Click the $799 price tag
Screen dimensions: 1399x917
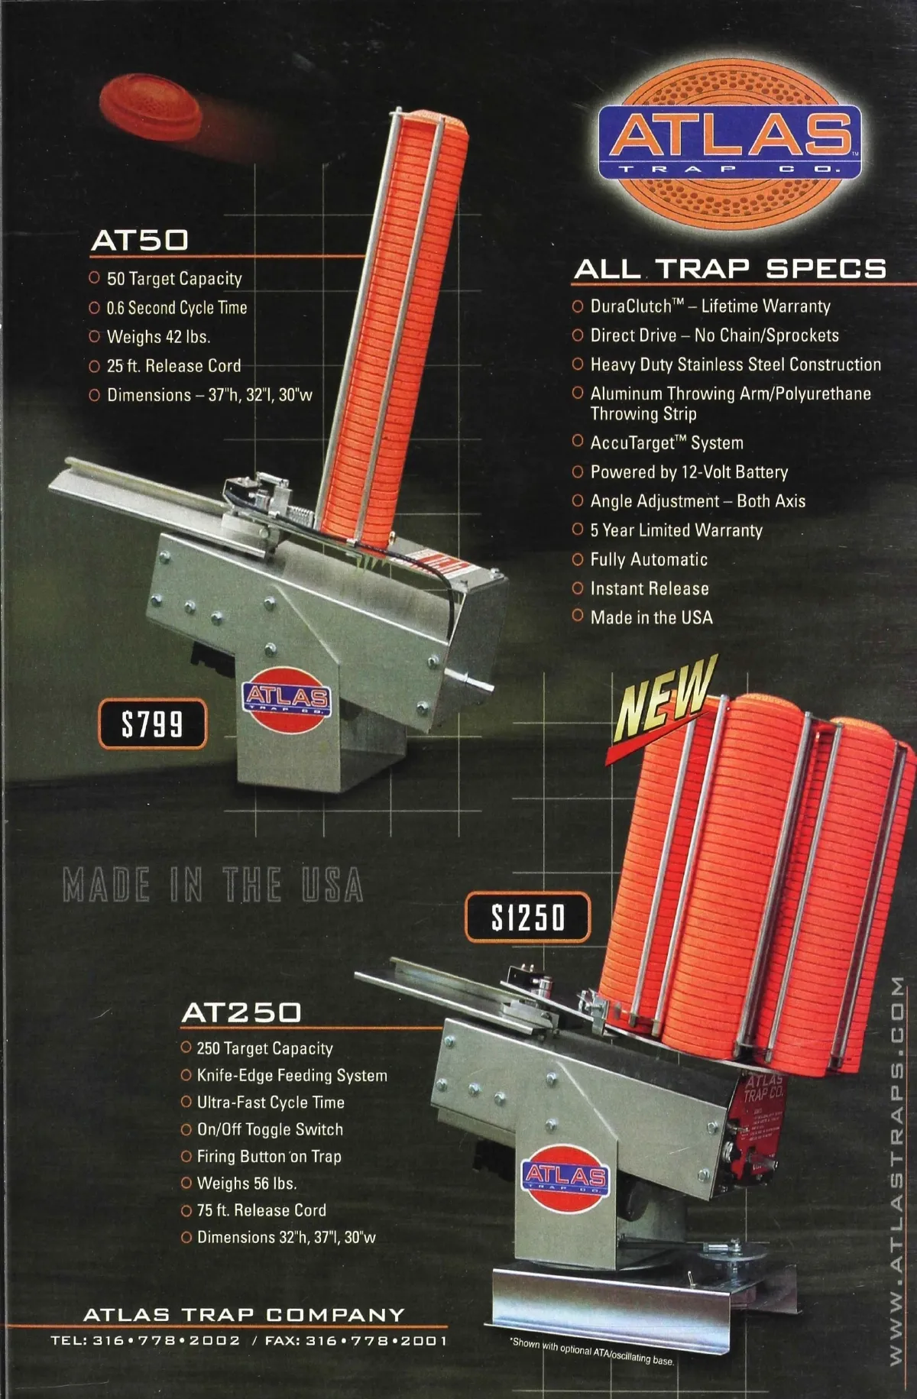152,723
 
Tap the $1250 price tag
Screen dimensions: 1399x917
528,917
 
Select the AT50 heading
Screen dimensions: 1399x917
140,240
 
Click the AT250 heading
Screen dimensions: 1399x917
241,1012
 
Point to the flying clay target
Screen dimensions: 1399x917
152,105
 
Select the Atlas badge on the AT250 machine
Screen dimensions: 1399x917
565,1177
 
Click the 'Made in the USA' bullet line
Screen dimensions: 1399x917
651,617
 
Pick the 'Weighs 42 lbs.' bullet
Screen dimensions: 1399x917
158,337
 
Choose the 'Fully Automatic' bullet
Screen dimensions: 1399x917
649,559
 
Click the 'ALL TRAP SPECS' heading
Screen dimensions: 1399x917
730,269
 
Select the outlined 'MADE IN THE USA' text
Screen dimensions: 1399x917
212,885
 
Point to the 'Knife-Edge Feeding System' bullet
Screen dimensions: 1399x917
291,1075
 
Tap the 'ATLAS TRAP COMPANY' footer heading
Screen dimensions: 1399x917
244,1314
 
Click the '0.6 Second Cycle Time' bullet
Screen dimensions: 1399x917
177,308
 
